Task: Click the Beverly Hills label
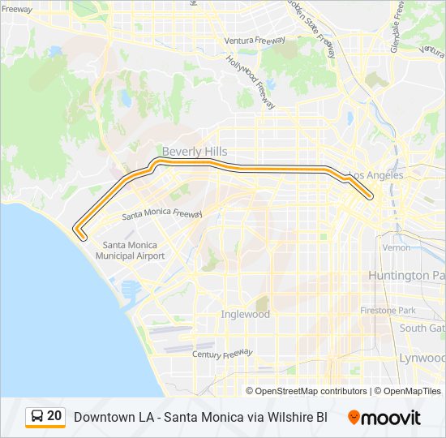pyautogui.click(x=194, y=152)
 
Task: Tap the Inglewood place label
pyautogui.click(x=245, y=314)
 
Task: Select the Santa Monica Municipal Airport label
pyautogui.click(x=130, y=251)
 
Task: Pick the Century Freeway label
pyautogui.click(x=223, y=354)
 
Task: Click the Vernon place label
pyautogui.click(x=397, y=247)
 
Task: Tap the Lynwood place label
pyautogui.click(x=422, y=358)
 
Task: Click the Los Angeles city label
pyautogui.click(x=375, y=175)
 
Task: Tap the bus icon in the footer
pyautogui.click(x=36, y=416)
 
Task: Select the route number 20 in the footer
pyautogui.click(x=54, y=416)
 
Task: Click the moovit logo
pyautogui.click(x=384, y=418)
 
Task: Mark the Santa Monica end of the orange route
pyautogui.click(x=79, y=234)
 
